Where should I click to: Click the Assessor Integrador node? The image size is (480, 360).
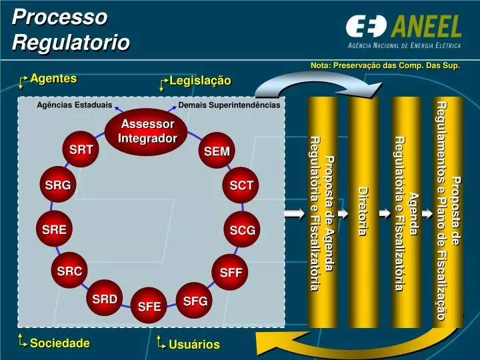coord(147,131)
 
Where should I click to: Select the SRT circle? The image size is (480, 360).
coord(81,150)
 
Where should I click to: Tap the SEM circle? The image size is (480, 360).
coord(217,152)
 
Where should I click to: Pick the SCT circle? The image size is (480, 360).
coord(241,186)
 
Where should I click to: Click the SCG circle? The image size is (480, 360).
coord(242,231)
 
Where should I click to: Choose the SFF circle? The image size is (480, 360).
coord(231,272)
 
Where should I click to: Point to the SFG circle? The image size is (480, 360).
coord(195,301)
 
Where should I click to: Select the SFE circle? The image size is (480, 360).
coord(150,307)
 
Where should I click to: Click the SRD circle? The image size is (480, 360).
coord(105,299)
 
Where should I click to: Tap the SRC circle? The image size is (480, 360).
coord(69,271)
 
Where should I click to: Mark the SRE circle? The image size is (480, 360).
coord(54,230)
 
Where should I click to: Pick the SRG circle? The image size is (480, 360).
coord(57,186)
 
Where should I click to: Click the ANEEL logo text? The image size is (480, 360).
coord(427,27)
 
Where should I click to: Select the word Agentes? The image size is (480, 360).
coord(53,79)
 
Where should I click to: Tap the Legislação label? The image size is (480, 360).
coord(200,81)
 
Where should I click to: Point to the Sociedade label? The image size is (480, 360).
coord(59,343)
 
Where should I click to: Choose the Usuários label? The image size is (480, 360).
coord(194,344)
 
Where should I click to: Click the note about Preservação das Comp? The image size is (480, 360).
coord(385,65)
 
